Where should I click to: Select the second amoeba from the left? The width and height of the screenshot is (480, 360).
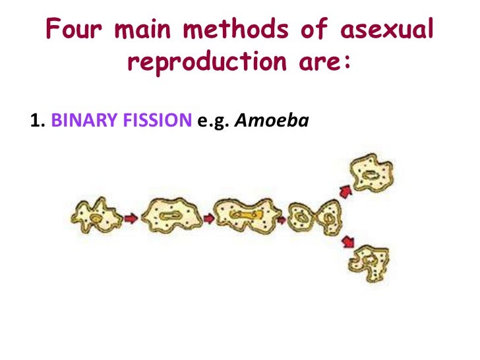(169, 216)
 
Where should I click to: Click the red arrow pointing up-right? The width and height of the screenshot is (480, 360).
(344, 191)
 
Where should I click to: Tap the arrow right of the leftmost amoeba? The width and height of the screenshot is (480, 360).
(131, 217)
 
